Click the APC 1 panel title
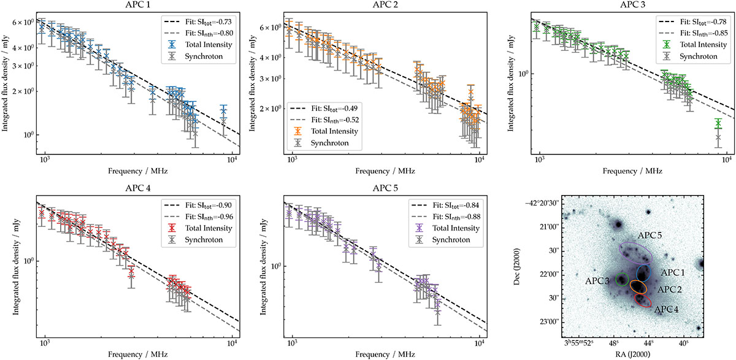click(136, 6)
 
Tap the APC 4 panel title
click(136, 189)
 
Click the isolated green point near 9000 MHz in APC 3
click(718, 124)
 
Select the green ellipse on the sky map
click(622, 281)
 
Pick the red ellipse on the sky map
click(642, 301)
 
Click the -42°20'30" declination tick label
click(553, 203)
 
